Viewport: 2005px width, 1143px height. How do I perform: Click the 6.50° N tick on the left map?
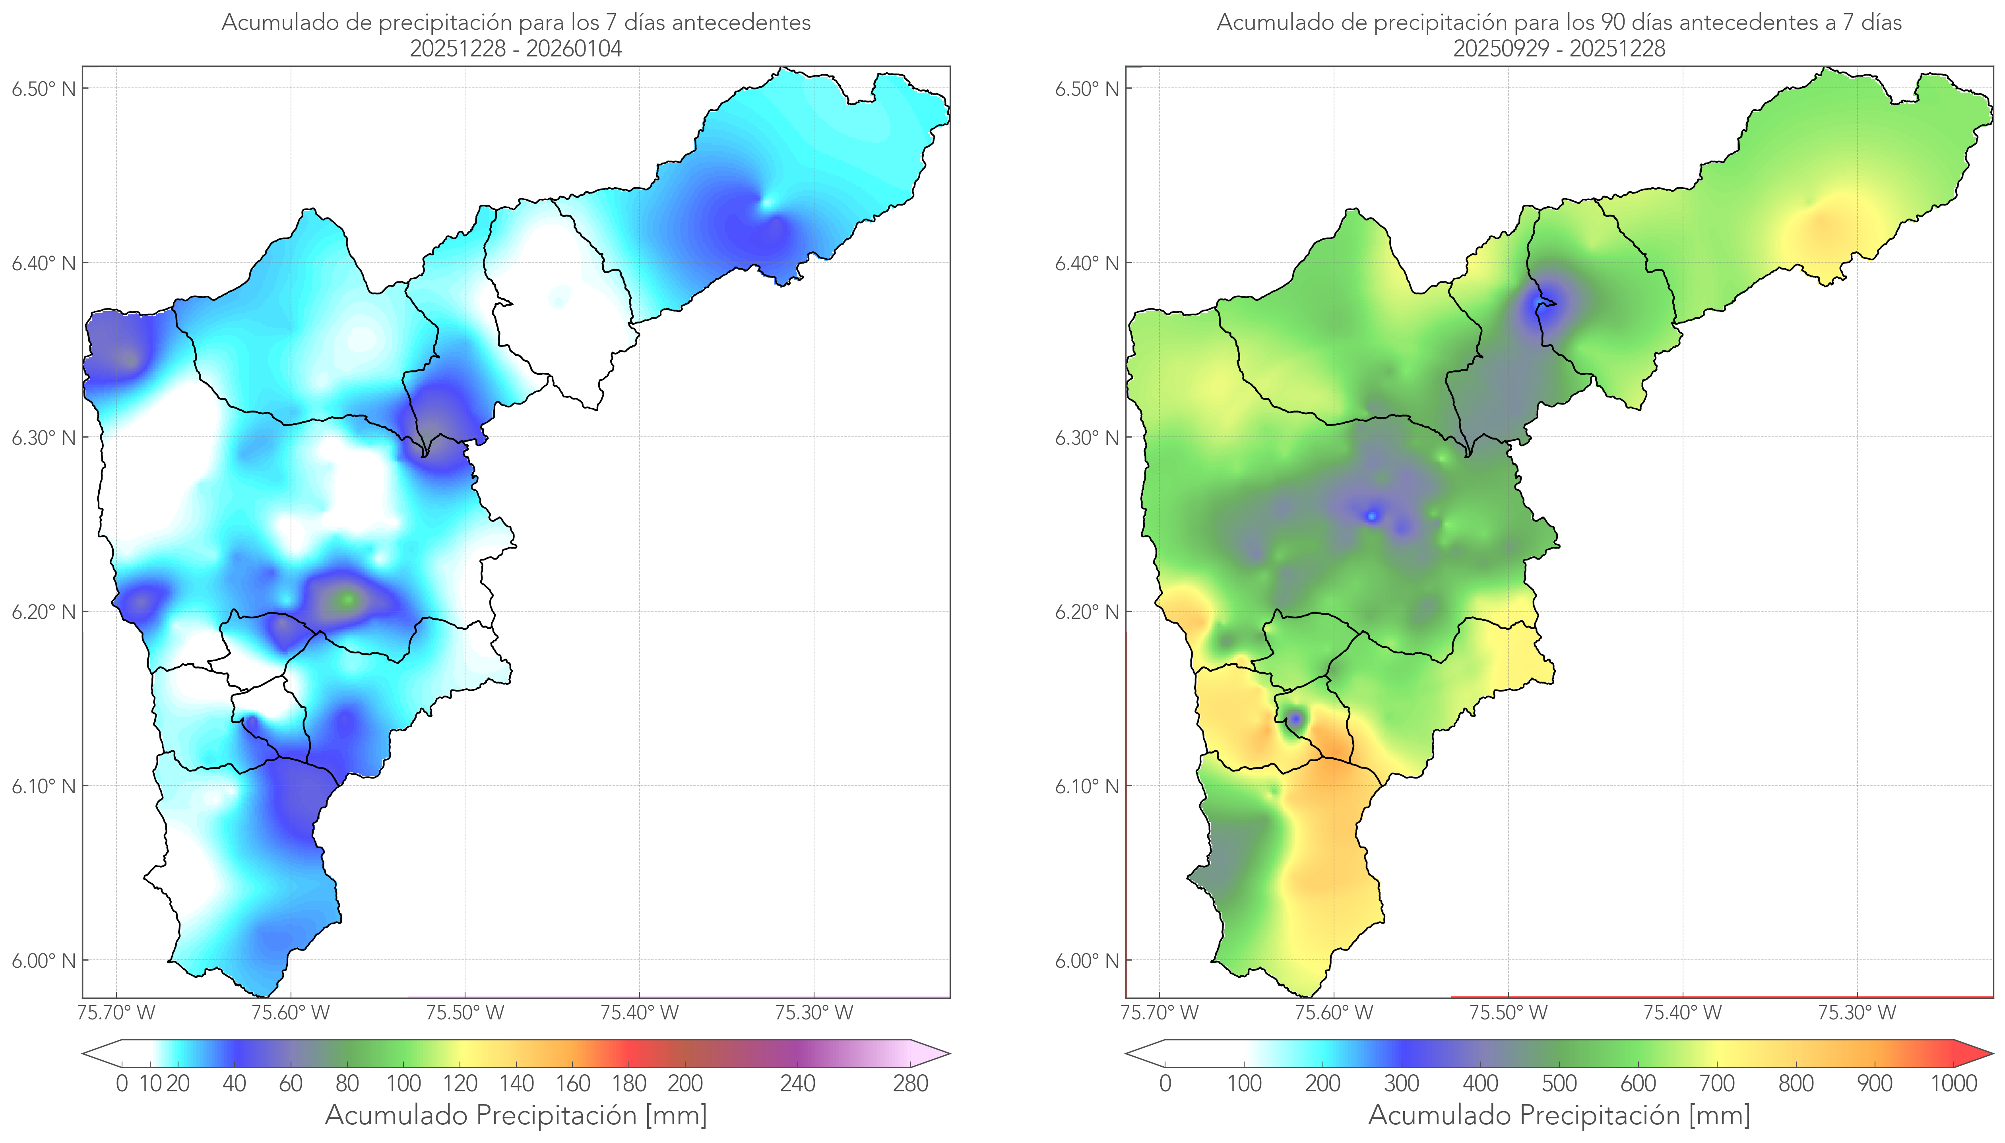(44, 89)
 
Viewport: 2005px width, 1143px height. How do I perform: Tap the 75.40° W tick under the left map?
(639, 1013)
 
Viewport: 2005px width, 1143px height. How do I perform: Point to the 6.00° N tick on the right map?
(1087, 961)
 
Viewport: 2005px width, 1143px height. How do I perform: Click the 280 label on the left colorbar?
(911, 1084)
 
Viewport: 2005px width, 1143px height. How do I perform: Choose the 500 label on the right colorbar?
(1559, 1084)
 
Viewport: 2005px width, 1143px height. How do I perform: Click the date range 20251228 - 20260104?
(516, 48)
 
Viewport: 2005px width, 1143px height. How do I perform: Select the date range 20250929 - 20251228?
(1559, 48)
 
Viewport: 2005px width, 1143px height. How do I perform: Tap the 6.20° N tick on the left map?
(44, 612)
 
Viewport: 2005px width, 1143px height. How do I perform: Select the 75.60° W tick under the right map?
(1334, 1013)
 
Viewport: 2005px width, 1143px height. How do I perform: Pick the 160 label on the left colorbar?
(573, 1084)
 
